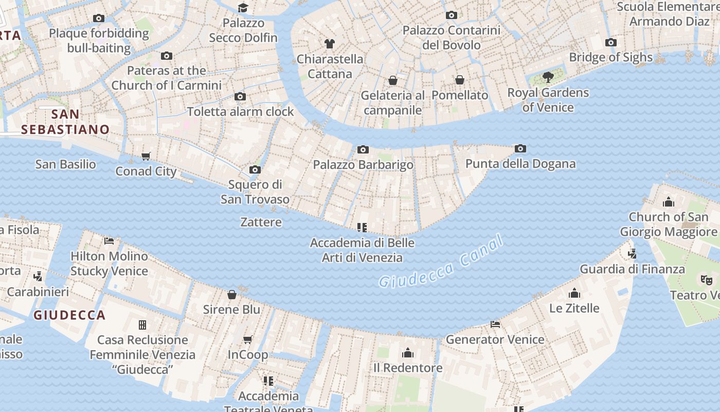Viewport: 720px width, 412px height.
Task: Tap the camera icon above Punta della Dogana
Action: [520, 149]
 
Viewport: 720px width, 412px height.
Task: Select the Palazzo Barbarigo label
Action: [363, 165]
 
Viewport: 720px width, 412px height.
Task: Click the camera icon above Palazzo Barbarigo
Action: [363, 150]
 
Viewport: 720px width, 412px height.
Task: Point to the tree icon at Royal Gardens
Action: [548, 78]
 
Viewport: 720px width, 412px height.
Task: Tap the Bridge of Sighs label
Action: [610, 57]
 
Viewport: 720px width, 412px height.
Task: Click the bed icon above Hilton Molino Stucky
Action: [109, 241]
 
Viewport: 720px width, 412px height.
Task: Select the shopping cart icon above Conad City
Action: [146, 156]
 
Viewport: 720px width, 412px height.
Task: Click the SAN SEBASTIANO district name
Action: [66, 122]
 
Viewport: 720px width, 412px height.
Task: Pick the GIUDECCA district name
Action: [69, 315]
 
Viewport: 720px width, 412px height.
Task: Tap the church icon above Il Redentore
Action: [408, 353]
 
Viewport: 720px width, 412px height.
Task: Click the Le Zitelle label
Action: [574, 308]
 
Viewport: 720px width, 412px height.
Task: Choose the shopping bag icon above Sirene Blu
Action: [232, 295]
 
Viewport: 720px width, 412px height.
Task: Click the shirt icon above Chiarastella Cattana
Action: [330, 43]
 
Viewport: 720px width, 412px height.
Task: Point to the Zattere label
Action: [261, 222]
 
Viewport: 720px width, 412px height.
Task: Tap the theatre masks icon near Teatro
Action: [707, 280]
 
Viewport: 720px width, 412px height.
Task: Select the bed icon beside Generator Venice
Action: [495, 324]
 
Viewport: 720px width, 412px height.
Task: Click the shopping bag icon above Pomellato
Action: [460, 80]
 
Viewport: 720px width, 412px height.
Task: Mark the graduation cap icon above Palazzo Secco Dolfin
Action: [243, 8]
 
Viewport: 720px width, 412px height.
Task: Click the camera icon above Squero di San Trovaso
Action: [255, 169]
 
